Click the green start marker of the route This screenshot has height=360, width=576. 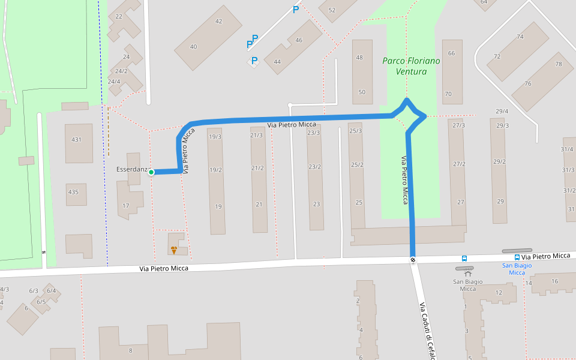[151, 172]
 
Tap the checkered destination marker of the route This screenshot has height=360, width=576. [413, 260]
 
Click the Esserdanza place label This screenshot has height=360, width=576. [131, 170]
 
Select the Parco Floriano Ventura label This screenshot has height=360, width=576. [411, 66]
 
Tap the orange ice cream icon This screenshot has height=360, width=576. [174, 250]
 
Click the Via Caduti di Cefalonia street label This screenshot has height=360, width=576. [427, 330]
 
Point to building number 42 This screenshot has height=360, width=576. [218, 22]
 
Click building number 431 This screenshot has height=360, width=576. [76, 140]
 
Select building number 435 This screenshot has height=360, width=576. [73, 192]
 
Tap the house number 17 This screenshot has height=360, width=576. [125, 206]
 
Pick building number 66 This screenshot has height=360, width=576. [451, 53]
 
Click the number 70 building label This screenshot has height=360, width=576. [448, 94]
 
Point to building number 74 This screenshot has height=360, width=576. [520, 37]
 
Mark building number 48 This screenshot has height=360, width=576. [359, 58]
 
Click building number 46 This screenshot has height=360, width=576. [299, 40]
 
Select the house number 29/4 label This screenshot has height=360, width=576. [502, 112]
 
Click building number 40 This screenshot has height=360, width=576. [193, 47]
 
